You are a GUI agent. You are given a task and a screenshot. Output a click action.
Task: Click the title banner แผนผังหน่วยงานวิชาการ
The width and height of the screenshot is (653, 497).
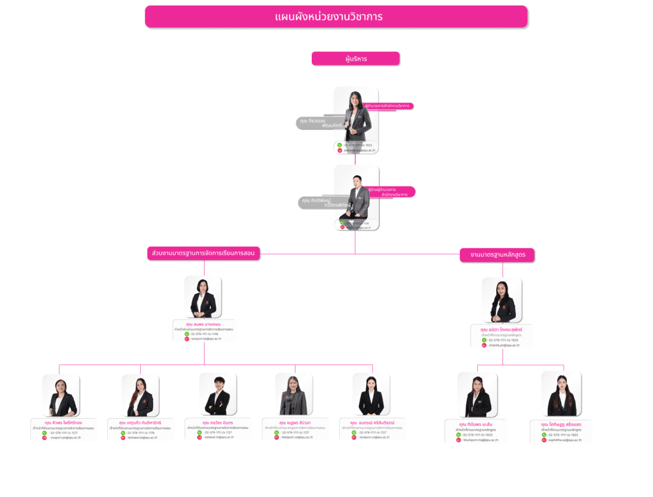point(336,17)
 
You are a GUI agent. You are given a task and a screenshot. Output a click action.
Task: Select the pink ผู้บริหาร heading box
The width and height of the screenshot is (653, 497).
point(355,59)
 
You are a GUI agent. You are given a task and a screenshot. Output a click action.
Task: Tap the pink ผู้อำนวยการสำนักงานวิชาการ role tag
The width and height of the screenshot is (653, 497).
point(387,106)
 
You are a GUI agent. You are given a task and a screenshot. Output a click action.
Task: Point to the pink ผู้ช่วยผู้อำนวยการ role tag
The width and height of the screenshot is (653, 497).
point(390,192)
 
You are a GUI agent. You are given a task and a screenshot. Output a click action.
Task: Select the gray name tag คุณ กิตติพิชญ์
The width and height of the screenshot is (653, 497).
point(321,203)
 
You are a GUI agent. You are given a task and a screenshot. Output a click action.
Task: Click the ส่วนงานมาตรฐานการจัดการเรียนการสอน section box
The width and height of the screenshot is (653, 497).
point(203,253)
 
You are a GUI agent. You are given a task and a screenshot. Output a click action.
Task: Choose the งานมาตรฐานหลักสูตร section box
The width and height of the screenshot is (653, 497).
point(497,255)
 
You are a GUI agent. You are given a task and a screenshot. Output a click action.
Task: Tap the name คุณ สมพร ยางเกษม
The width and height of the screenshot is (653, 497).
point(203,324)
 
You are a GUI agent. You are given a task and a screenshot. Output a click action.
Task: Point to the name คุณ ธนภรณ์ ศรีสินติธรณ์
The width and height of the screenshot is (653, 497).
point(373,422)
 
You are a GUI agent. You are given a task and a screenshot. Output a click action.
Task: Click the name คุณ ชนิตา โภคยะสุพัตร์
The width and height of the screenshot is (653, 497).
point(501,329)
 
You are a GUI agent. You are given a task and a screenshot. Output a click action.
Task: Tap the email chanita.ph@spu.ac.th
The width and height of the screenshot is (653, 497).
point(504,345)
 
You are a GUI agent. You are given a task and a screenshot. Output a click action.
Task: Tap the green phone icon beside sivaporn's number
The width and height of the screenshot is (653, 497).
point(45,433)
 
